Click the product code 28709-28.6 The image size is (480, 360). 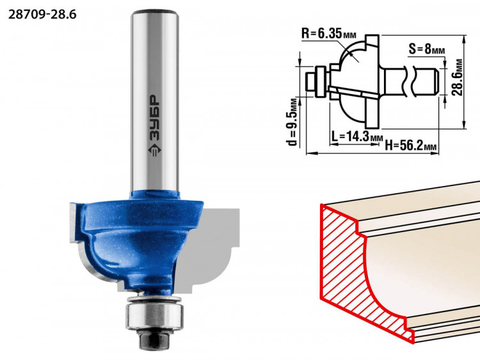(42, 14)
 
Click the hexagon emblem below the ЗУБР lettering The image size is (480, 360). (155, 150)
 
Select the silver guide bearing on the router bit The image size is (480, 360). (156, 313)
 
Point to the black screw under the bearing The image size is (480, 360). (155, 340)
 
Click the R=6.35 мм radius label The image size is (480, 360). (329, 34)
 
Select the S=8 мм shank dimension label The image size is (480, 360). (427, 49)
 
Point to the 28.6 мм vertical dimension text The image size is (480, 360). (458, 77)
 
